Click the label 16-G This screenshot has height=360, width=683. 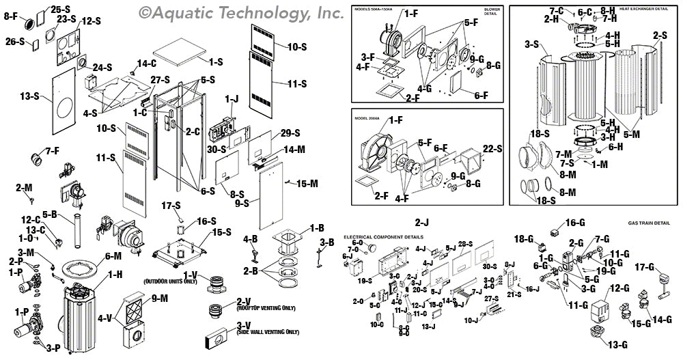[x=576, y=223]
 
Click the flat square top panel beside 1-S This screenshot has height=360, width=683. [x=179, y=51]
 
